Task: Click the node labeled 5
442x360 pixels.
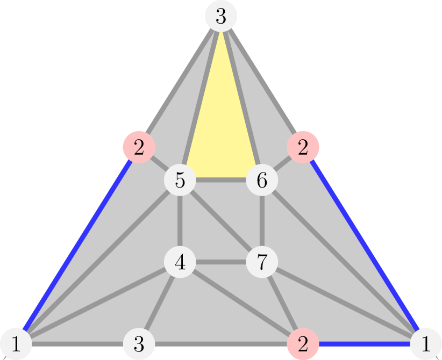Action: [180, 181]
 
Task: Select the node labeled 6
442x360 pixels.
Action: [262, 181]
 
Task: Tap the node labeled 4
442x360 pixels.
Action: [180, 263]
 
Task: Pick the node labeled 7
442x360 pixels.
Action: [262, 263]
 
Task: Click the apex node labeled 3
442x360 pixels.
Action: [221, 17]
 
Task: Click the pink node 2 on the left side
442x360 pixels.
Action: [139, 147]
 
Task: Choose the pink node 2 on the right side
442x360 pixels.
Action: [303, 147]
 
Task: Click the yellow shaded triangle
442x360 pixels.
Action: [221, 129]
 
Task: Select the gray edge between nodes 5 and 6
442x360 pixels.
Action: [221, 181]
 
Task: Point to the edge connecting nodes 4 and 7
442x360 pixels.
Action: [221, 263]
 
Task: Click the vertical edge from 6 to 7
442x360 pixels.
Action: [262, 221]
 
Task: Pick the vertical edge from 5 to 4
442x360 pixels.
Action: [180, 221]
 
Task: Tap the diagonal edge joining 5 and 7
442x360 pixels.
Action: [221, 221]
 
